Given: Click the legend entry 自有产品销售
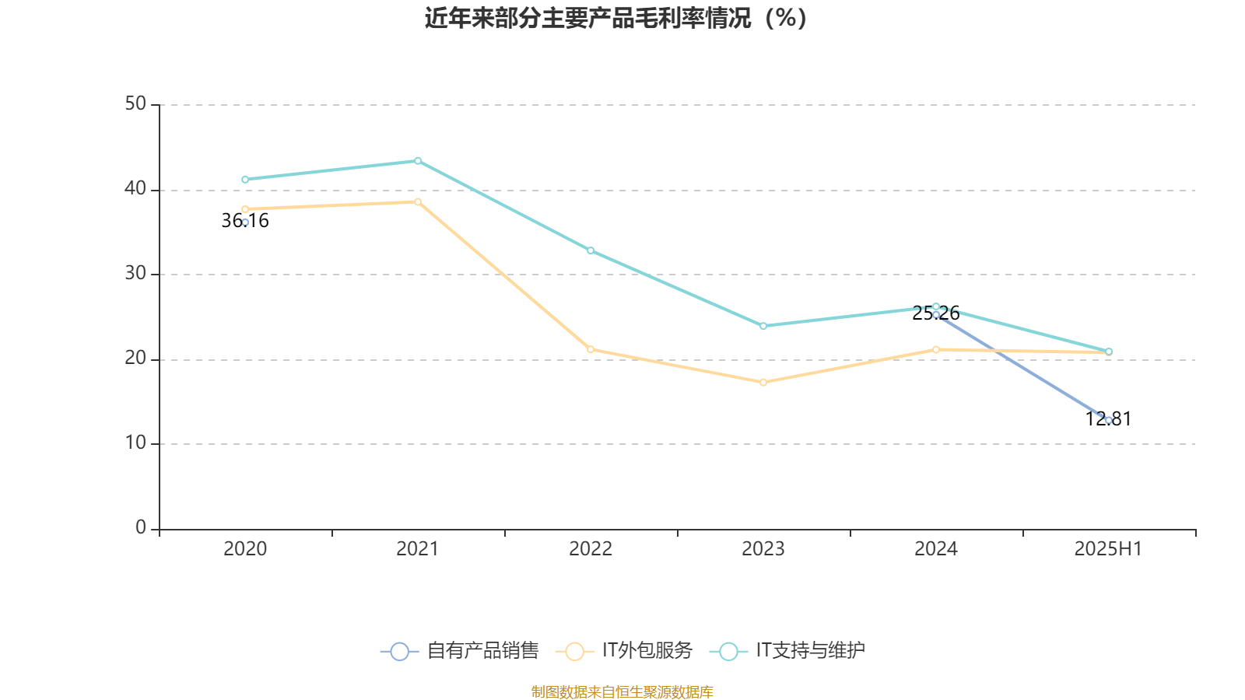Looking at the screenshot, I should [x=460, y=651].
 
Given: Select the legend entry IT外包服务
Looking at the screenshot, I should [x=625, y=651].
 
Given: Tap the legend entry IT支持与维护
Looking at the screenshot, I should [x=788, y=651].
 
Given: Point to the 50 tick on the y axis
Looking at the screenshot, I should [x=135, y=103].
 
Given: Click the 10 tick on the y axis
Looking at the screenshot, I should [x=135, y=443].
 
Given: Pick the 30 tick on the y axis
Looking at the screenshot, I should [x=135, y=274].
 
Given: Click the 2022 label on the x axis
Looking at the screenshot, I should [x=591, y=549].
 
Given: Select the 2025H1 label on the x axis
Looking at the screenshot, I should [x=1108, y=549].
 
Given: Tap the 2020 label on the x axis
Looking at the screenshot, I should [x=245, y=549].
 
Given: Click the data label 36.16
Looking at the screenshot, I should [x=245, y=221].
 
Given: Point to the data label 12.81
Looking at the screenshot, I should [x=1108, y=419].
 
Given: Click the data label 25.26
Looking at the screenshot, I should [x=936, y=313].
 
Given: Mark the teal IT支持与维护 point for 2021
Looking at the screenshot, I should [x=418, y=161].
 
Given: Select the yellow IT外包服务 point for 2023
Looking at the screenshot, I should [x=763, y=383].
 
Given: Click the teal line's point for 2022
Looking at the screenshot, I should [x=591, y=250].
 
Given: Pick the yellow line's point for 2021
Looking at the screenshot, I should [x=418, y=202].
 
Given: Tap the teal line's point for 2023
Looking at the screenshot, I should [x=763, y=326].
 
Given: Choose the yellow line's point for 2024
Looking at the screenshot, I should [x=936, y=350].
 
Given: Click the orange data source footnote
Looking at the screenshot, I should [x=622, y=692].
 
